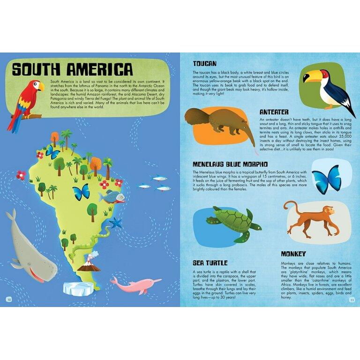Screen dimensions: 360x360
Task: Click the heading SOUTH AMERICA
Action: coord(72,69)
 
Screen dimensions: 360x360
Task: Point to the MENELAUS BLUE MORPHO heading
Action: coord(230,164)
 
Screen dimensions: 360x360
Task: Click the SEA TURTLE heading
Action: coord(210,263)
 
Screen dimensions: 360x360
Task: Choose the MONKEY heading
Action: coord(293,254)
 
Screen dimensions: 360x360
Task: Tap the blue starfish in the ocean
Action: coord(115,222)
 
